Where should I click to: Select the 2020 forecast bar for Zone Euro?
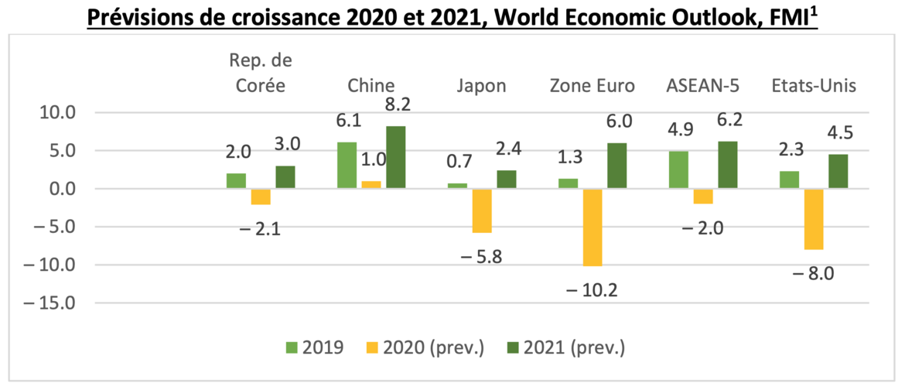click(x=593, y=227)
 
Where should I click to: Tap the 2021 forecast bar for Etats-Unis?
click(x=838, y=171)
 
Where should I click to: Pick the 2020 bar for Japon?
click(x=482, y=210)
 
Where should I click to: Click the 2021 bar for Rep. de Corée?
click(x=286, y=177)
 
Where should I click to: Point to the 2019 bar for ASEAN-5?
click(x=678, y=170)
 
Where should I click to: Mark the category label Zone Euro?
click(x=593, y=85)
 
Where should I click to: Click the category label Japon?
click(x=482, y=85)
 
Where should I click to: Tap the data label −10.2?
click(x=593, y=290)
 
